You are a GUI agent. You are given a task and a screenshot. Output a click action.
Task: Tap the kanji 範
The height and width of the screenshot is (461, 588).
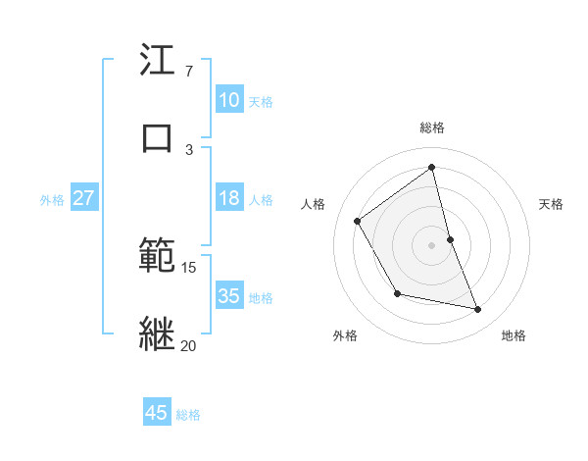(x=157, y=257)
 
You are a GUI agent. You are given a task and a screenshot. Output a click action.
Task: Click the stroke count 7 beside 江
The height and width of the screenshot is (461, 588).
(x=189, y=72)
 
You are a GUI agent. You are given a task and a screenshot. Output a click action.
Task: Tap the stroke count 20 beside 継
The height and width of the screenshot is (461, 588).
(x=189, y=345)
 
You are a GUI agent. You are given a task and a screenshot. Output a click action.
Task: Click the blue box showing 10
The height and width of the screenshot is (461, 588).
(x=228, y=99)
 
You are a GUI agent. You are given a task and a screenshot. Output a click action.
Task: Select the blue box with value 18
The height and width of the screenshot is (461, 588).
(x=228, y=198)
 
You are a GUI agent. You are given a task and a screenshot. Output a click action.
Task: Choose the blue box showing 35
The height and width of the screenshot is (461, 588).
(x=228, y=295)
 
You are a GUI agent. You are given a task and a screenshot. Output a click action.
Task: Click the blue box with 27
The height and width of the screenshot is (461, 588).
(x=83, y=198)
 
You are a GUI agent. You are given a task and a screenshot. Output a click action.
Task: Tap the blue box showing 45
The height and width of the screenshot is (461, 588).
(x=157, y=413)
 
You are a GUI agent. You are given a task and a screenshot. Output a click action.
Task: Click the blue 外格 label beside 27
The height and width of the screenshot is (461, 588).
(x=52, y=199)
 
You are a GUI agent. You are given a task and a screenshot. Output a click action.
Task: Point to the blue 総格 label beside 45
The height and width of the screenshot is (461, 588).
(x=188, y=415)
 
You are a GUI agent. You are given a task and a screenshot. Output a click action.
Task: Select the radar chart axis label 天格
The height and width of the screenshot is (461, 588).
(x=552, y=204)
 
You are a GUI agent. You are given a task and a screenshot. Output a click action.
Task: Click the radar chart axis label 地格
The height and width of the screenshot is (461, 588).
(x=514, y=335)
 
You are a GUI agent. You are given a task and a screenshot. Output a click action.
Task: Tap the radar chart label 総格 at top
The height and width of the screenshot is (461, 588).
(x=432, y=128)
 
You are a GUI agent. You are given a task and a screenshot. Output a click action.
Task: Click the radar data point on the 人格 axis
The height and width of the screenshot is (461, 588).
(x=358, y=221)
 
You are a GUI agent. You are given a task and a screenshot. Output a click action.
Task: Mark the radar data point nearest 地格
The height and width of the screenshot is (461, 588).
(x=478, y=310)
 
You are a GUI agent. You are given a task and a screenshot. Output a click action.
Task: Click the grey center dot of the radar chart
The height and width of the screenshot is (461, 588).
(x=432, y=245)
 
